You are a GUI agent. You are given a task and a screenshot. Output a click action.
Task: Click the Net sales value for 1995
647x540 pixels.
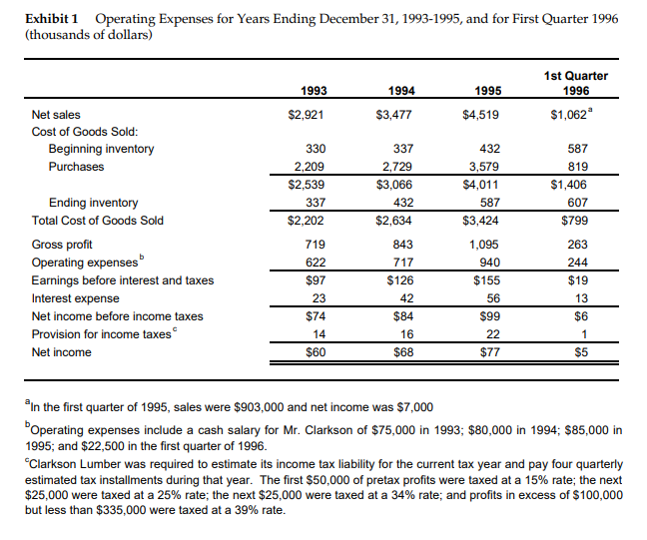(482, 115)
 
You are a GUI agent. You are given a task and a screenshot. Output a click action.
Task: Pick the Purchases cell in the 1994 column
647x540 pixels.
(397, 167)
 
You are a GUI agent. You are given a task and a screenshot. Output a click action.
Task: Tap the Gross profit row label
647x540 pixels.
(61, 245)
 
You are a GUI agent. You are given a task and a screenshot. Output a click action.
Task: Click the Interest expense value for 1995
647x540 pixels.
(490, 298)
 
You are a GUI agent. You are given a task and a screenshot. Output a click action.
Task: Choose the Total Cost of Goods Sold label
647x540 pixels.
(98, 221)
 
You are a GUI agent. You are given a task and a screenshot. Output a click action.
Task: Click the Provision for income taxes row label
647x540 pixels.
(101, 334)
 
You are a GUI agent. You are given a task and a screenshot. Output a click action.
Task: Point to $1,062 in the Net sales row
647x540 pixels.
(575, 115)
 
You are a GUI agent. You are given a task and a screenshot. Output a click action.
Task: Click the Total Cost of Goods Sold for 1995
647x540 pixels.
(482, 221)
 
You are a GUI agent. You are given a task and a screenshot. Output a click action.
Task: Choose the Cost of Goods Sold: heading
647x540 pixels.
(84, 132)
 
